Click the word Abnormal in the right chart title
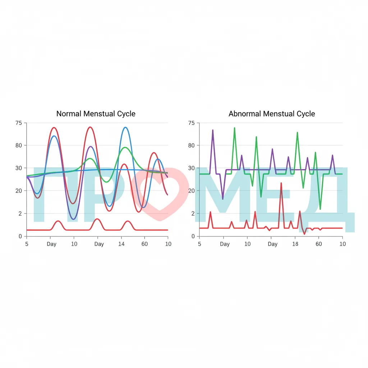(x=244, y=114)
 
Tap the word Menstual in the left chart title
(x=99, y=114)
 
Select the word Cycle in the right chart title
(x=306, y=114)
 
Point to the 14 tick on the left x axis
(x=121, y=244)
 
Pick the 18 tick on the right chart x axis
(x=295, y=244)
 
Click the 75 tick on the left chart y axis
(x=19, y=123)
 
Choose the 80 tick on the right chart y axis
(x=191, y=146)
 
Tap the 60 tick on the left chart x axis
(x=144, y=244)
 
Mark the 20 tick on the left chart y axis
(x=19, y=191)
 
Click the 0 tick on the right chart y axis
(x=193, y=236)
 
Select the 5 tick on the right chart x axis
(x=199, y=244)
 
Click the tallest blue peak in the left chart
(x=125, y=128)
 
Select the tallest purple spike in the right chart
(x=213, y=130)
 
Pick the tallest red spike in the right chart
(x=281, y=183)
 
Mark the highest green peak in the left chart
(x=125, y=147)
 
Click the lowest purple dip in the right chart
(x=223, y=199)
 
